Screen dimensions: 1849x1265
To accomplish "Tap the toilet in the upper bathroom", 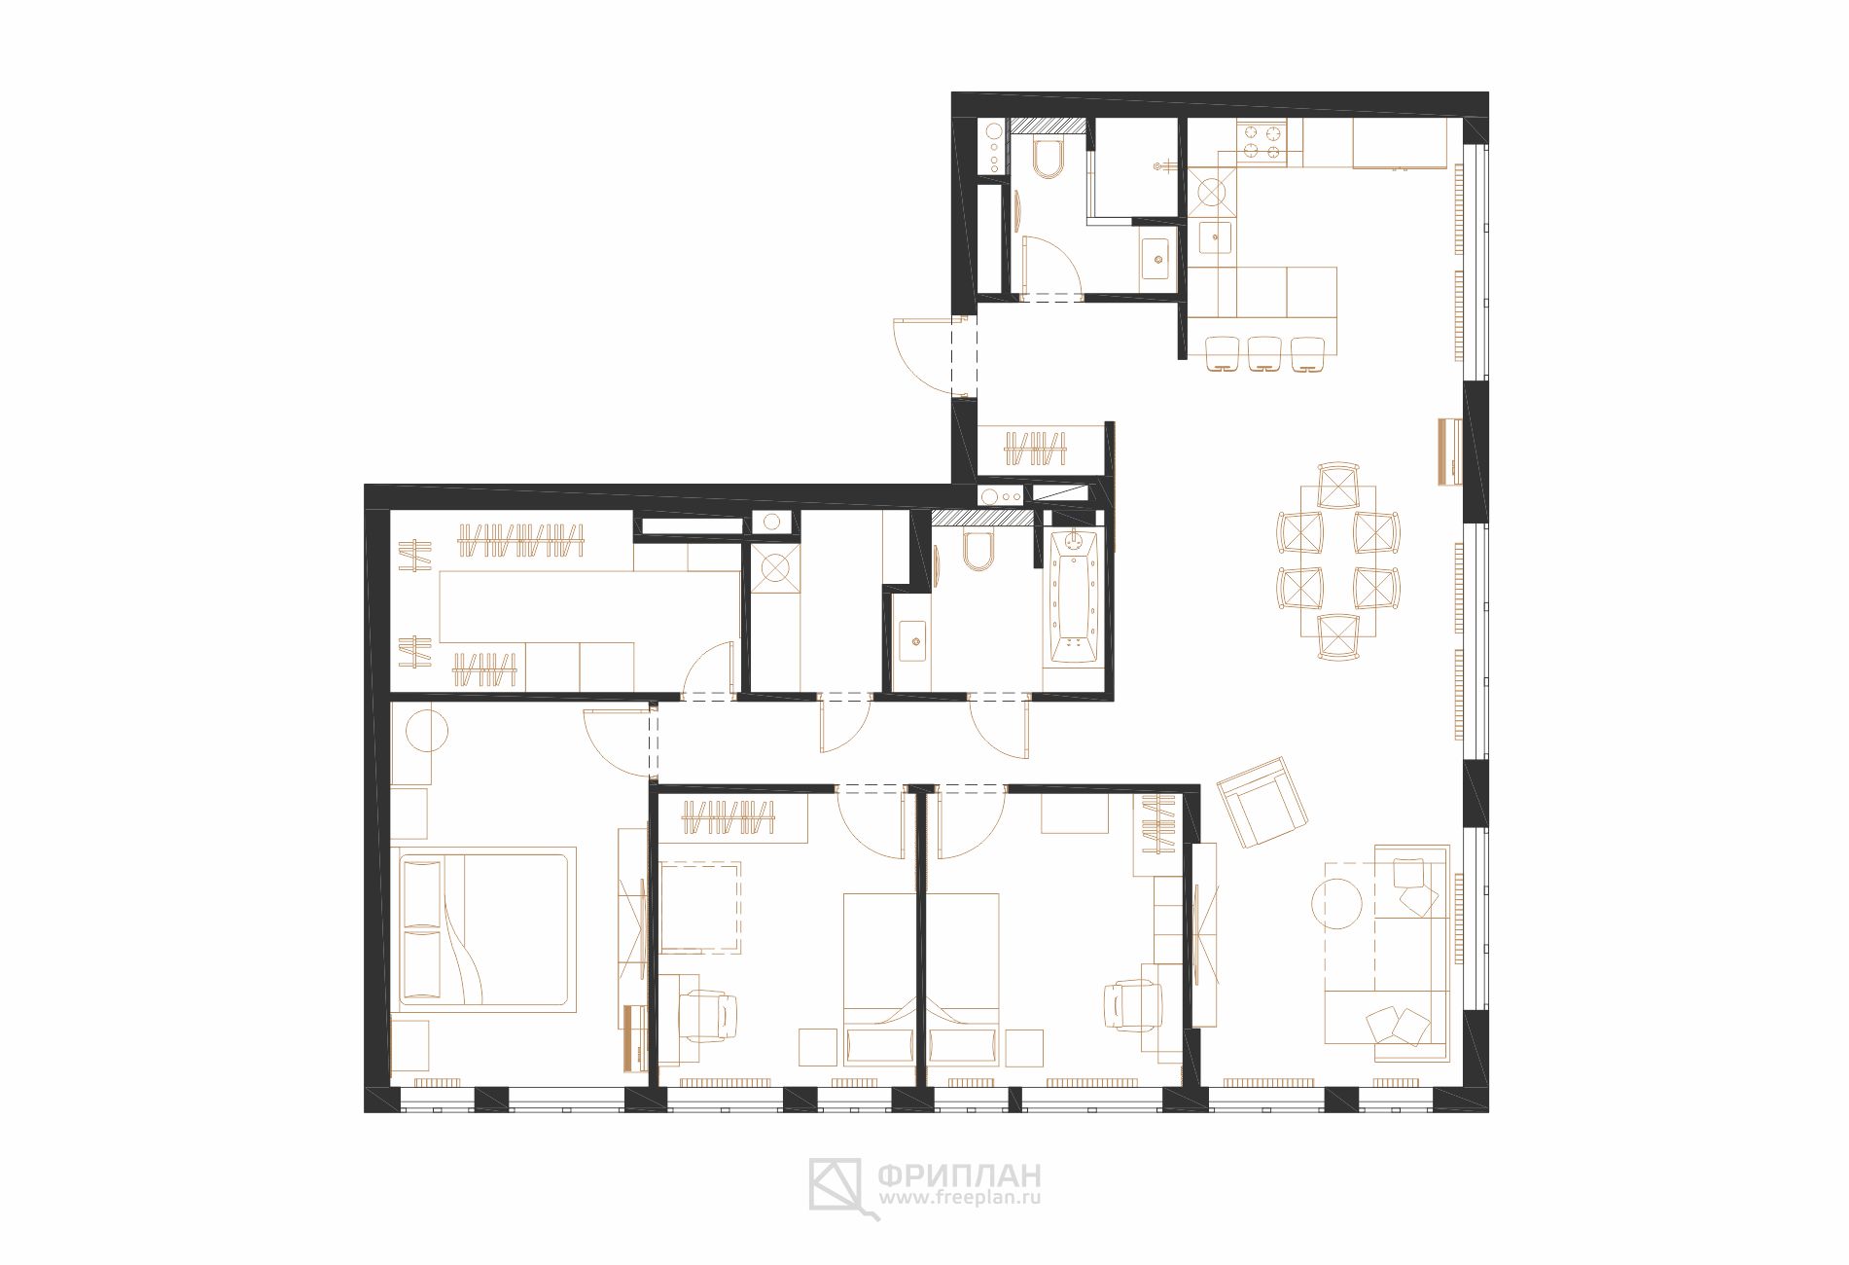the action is (x=1049, y=160).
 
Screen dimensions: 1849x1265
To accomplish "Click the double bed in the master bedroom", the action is (x=483, y=929).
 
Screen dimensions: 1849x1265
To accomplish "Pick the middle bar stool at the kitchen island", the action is (x=1263, y=353).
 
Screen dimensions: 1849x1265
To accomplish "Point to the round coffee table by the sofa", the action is (x=1340, y=904).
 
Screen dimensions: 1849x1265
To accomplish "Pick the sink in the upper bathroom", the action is (x=1156, y=258).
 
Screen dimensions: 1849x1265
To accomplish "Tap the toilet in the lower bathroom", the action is (x=977, y=552).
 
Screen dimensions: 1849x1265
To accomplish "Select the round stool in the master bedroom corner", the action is (x=425, y=730).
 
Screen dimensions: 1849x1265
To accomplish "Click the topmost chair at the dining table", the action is (x=1338, y=485).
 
